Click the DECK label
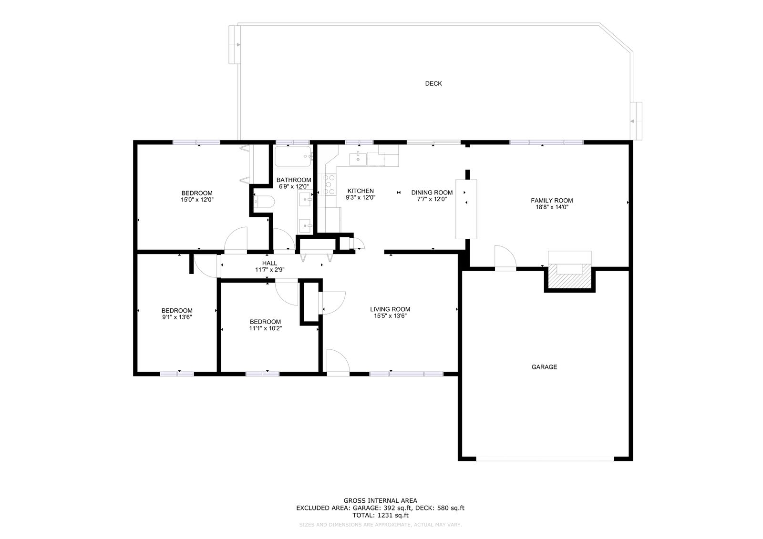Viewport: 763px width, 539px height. [433, 83]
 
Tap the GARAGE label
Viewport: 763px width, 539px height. [544, 366]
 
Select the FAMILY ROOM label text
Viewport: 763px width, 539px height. [552, 201]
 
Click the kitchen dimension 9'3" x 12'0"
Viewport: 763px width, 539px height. [361, 197]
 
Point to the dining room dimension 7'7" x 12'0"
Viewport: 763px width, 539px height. [432, 199]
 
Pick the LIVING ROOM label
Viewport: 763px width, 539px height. [390, 309]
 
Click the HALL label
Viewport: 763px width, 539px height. [269, 263]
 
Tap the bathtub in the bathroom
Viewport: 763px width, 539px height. [293, 156]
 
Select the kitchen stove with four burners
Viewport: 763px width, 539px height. [329, 184]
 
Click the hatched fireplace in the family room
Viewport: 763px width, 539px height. [569, 276]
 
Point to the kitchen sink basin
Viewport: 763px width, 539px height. [358, 159]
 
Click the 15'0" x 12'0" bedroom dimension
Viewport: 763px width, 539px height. [197, 200]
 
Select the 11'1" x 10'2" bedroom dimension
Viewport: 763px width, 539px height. [265, 328]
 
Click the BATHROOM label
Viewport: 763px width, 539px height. [294, 180]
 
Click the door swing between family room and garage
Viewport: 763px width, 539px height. [505, 257]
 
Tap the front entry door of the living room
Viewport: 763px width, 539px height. [338, 362]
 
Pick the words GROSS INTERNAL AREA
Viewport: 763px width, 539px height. [380, 500]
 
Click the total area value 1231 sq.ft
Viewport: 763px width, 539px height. [393, 515]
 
